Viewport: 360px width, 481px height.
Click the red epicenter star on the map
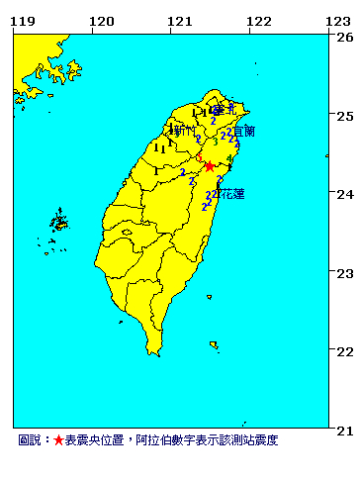pos(209,166)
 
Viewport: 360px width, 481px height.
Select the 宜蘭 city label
pos(243,131)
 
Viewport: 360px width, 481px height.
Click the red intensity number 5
pos(199,158)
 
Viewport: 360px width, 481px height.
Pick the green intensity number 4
pos(229,158)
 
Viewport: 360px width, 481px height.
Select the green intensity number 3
pos(215,143)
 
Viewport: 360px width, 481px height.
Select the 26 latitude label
pos(344,38)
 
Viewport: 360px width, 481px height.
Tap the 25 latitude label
pos(344,116)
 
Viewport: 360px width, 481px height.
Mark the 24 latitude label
pos(344,194)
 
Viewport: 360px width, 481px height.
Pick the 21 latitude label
pos(344,430)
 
